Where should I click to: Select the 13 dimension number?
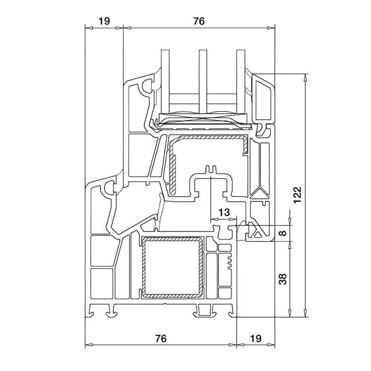point(224,212)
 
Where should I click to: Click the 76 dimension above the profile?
point(198,21)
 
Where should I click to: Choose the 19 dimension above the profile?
point(103,21)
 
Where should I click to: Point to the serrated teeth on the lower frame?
point(229,262)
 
